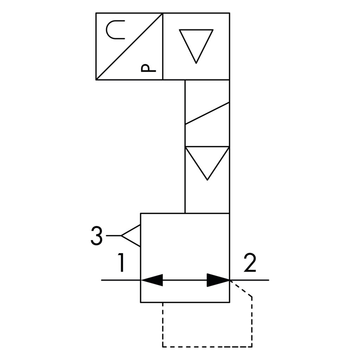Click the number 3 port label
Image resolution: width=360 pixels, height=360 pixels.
pyautogui.click(x=96, y=236)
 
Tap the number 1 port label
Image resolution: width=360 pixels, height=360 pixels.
pyautogui.click(x=121, y=263)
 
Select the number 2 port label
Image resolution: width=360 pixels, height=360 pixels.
pyautogui.click(x=250, y=263)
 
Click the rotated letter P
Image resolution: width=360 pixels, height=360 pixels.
pyautogui.click(x=148, y=68)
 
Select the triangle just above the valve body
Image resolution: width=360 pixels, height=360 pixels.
pyautogui.click(x=207, y=160)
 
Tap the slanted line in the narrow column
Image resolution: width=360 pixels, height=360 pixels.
pyautogui.click(x=207, y=113)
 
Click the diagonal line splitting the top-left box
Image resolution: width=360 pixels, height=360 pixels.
pyautogui.click(x=129, y=46)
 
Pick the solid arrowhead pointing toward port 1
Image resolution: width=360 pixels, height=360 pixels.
pyautogui.click(x=153, y=280)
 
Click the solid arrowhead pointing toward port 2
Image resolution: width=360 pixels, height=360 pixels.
pyautogui.click(x=217, y=280)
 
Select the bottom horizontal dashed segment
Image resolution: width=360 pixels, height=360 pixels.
pyautogui.click(x=207, y=347)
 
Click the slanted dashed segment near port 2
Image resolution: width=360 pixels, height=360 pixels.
pyautogui.click(x=241, y=289)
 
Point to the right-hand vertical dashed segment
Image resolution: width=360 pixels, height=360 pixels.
pyautogui.click(x=252, y=322)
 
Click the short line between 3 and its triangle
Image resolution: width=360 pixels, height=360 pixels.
pyautogui.click(x=114, y=236)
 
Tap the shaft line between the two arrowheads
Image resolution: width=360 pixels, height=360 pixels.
pyautogui.click(x=185, y=280)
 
